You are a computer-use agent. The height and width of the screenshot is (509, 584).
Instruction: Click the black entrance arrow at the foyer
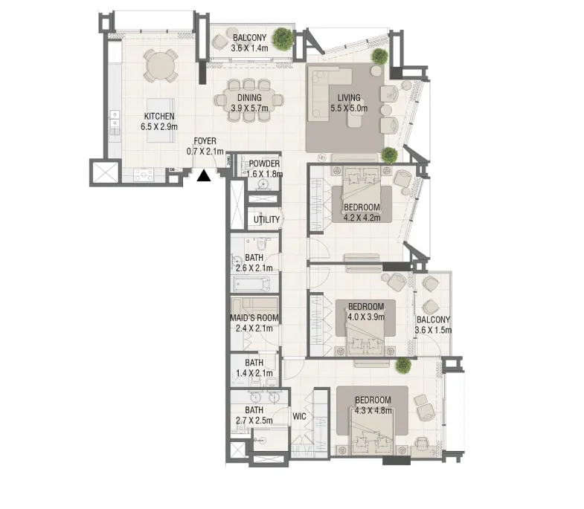point(204,176)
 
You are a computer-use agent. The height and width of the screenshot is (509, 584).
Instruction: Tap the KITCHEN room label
point(159,117)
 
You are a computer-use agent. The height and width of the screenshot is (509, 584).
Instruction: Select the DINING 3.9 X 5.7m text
point(249,103)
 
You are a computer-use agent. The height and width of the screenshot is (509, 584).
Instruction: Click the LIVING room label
point(349,98)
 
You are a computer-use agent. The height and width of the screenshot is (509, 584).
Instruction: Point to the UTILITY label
point(266,220)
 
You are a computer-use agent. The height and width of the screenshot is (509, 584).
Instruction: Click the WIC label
point(300,416)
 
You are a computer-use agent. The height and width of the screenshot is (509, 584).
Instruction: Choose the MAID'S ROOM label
point(254,318)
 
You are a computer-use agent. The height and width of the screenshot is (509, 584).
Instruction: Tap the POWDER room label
point(264,163)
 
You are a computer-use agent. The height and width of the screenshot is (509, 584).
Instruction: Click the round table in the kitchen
point(161,65)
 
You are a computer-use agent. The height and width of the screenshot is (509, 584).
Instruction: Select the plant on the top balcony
point(283,39)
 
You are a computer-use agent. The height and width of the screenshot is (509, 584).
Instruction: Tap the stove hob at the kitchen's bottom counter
point(144,175)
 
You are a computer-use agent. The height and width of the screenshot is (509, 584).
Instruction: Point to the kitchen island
point(161,120)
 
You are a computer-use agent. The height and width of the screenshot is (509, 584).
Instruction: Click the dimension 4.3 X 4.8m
point(373,411)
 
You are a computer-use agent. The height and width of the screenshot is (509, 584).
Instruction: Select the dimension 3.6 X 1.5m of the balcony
point(433,330)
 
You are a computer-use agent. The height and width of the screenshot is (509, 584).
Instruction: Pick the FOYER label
point(205,141)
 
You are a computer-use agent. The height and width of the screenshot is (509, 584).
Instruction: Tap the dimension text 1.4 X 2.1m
point(254,373)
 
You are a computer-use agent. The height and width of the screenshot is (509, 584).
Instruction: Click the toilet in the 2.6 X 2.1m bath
point(262,244)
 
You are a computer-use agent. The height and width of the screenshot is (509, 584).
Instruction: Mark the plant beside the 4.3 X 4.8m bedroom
point(403,365)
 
